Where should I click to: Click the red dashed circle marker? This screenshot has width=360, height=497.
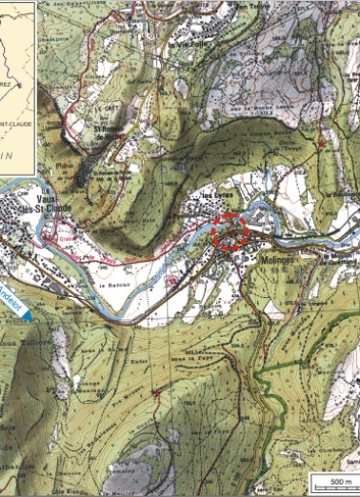pos(230,233)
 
